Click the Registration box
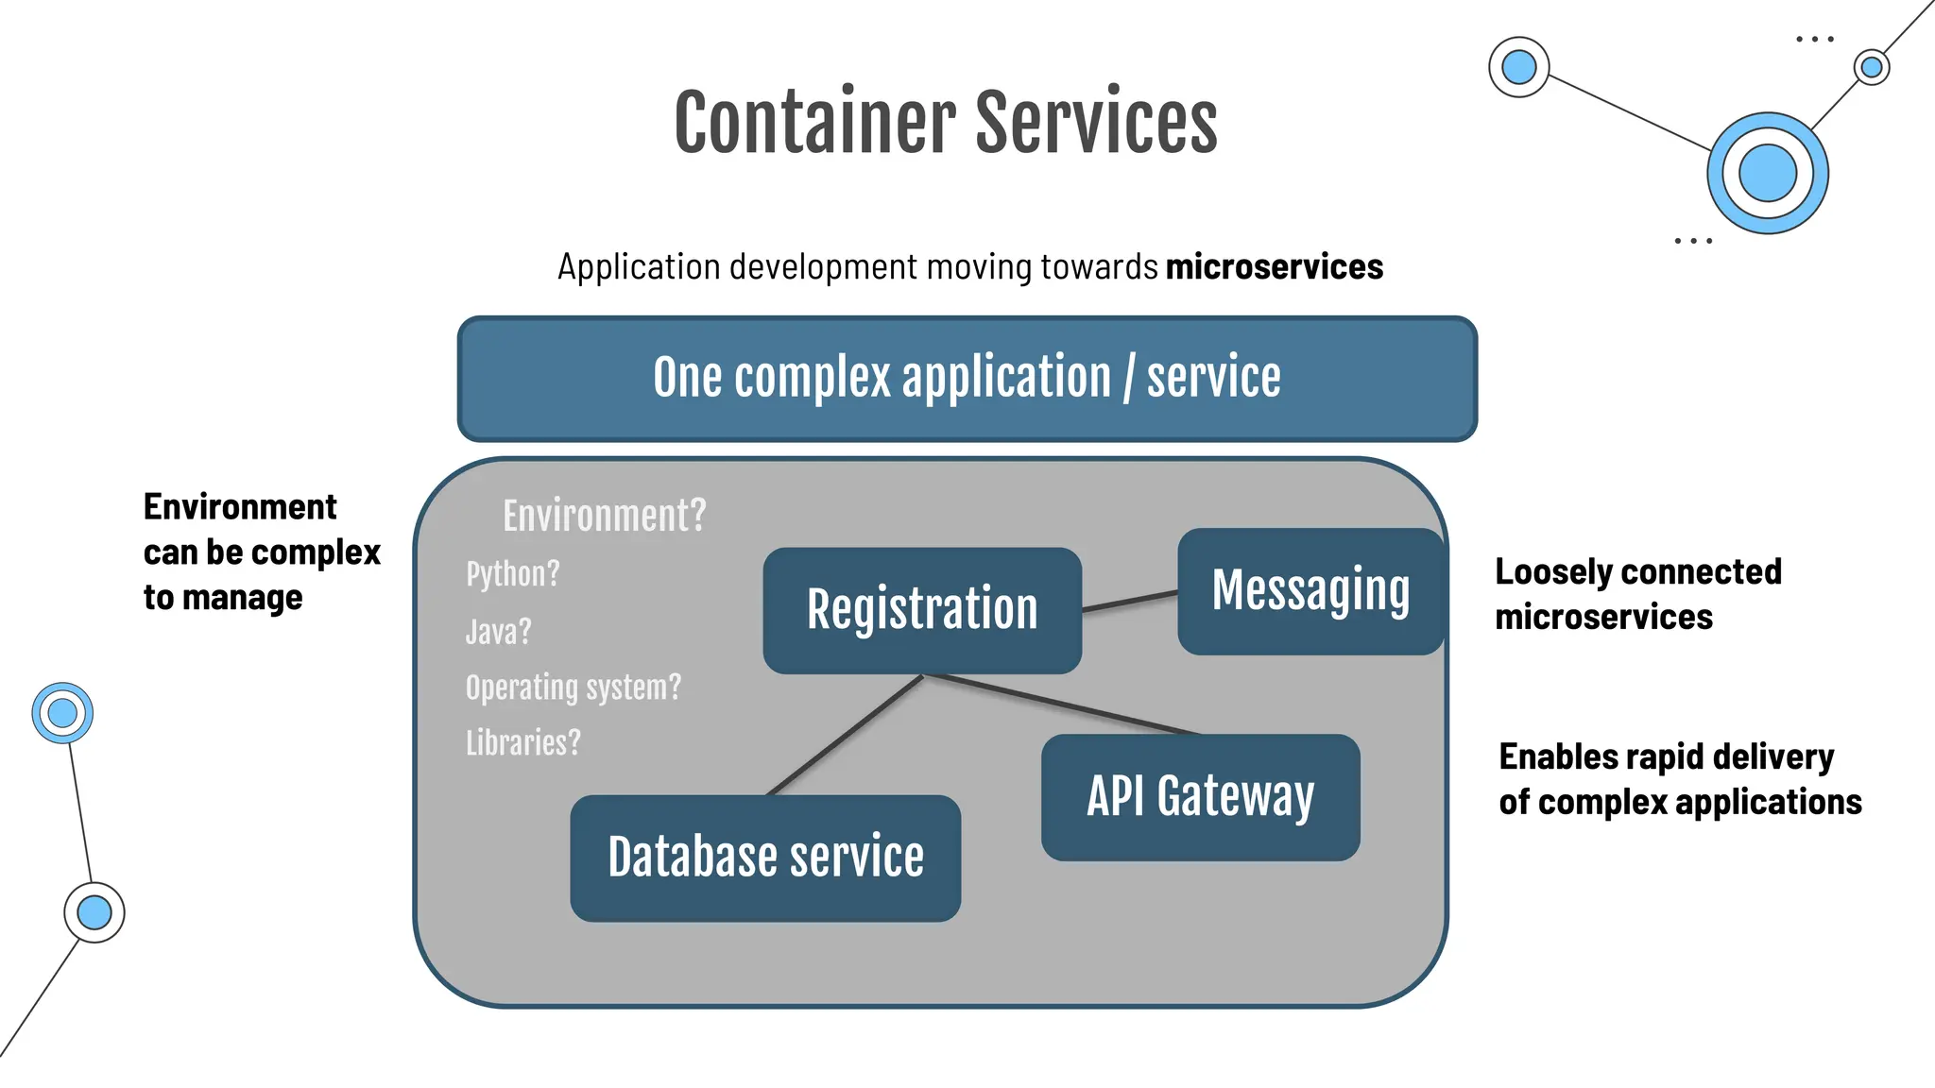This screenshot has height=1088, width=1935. [x=922, y=610]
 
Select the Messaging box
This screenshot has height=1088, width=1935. [x=1310, y=591]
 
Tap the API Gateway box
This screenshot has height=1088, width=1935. [x=1200, y=797]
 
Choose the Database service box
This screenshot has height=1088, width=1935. [x=765, y=858]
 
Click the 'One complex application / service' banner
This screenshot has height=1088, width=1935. [x=967, y=378]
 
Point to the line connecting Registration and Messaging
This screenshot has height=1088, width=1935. [x=1130, y=601]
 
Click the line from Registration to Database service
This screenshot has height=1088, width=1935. [x=844, y=736]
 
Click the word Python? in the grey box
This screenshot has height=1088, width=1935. [x=513, y=574]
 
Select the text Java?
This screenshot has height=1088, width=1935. [x=499, y=631]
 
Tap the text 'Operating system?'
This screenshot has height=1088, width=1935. [x=573, y=688]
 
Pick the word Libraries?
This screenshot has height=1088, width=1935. [x=523, y=743]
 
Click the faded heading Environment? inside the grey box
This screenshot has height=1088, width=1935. [x=605, y=516]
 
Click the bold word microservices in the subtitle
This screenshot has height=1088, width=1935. [x=1274, y=267]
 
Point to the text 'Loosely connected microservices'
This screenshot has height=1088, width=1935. [x=1637, y=594]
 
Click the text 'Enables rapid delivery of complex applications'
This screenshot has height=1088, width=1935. [x=1679, y=779]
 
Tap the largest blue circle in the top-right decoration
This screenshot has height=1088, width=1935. [x=1767, y=174]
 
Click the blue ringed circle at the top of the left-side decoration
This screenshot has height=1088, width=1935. [x=62, y=713]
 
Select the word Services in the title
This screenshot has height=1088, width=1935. [x=1096, y=123]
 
